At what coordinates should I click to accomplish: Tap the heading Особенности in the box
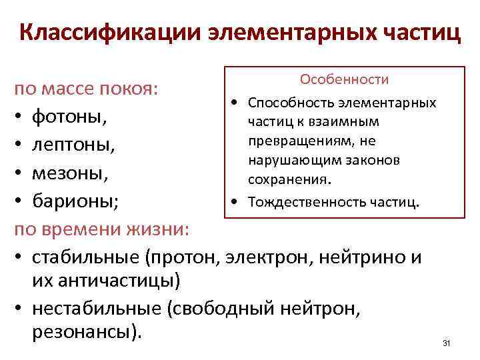pyautogui.click(x=344, y=79)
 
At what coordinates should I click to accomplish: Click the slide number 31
pyautogui.click(x=447, y=343)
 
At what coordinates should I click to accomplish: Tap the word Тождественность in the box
pyautogui.click(x=293, y=201)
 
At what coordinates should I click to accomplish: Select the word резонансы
pyautogui.click(x=85, y=331)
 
